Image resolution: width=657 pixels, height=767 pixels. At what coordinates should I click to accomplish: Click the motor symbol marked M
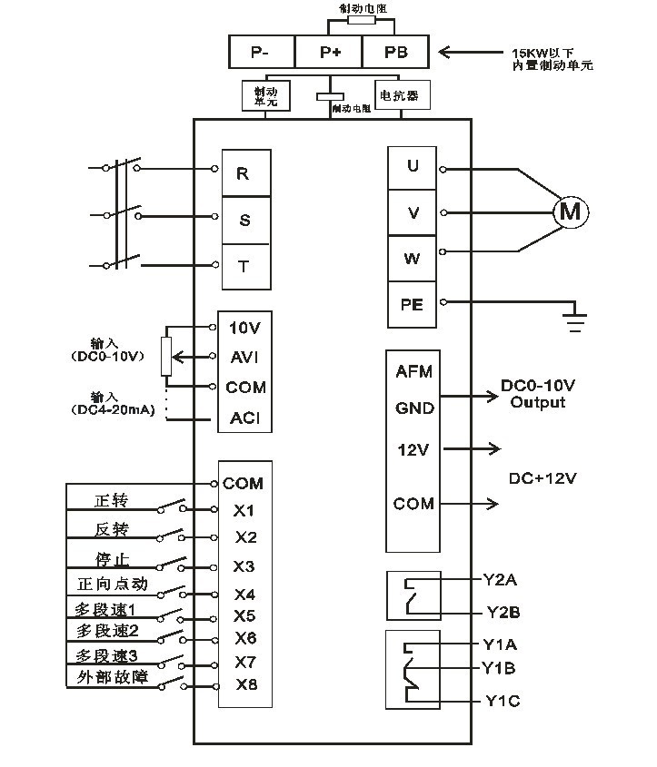(571, 211)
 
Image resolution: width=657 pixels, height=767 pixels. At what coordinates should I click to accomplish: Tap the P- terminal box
(260, 52)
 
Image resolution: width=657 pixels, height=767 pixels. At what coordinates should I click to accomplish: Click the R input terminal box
(243, 173)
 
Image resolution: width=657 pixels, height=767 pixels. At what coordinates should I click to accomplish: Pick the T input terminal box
(243, 266)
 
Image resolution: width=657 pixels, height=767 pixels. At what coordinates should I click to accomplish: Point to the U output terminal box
(413, 166)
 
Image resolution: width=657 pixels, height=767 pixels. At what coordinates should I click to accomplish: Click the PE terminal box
(413, 304)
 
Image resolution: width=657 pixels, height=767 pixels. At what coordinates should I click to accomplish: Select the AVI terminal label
(244, 357)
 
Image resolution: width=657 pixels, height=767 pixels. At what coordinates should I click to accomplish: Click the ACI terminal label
(244, 418)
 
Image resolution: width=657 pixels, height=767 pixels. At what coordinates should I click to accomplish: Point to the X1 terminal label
(244, 510)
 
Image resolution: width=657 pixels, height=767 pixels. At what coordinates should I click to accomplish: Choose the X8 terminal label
(245, 684)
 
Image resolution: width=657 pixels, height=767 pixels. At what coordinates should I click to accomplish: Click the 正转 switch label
(112, 500)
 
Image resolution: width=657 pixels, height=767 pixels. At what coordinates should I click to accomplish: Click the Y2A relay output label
(501, 578)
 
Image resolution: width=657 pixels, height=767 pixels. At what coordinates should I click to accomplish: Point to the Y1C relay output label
(502, 701)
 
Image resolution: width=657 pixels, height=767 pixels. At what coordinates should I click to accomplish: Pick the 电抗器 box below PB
(402, 94)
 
